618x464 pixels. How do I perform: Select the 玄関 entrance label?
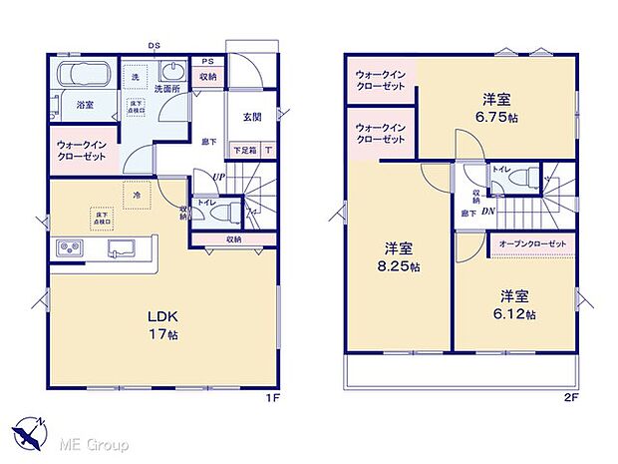click(253, 116)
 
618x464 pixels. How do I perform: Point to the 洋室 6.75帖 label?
click(497, 106)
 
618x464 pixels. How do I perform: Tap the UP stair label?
click(217, 178)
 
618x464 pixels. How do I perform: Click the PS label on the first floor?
click(207, 61)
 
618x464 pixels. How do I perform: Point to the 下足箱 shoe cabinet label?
click(242, 150)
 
